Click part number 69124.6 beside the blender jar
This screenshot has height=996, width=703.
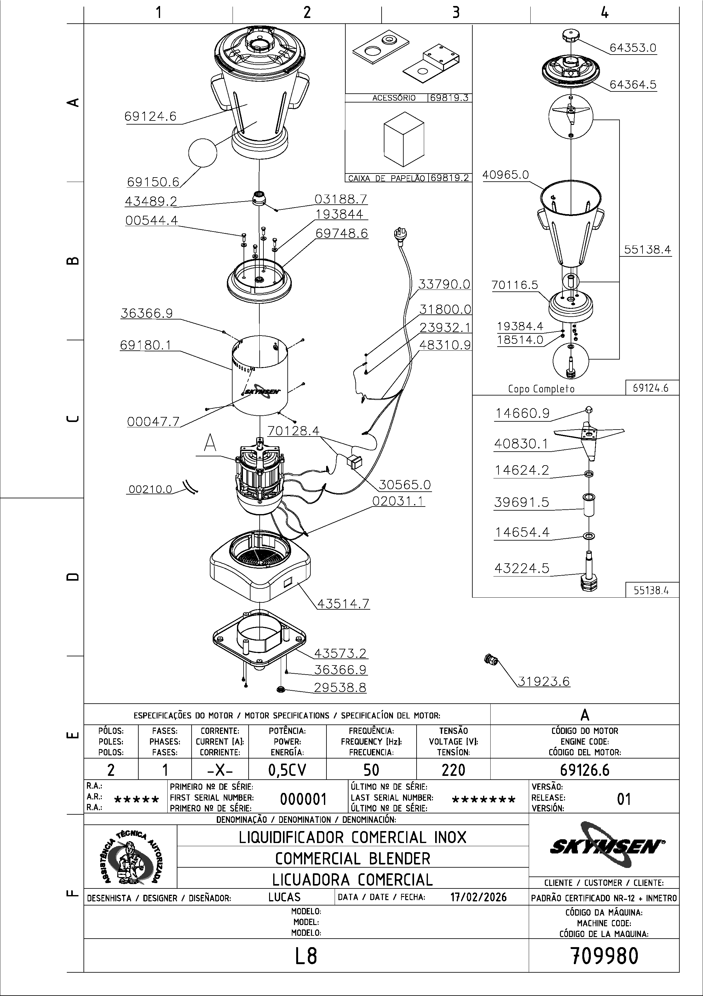pos(150,116)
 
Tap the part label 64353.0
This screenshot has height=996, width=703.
pos(633,48)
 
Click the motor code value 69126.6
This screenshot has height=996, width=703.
pos(584,770)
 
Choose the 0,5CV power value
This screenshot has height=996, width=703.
pos(287,770)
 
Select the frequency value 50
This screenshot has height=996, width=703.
pos(371,770)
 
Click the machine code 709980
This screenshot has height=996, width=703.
pos(604,956)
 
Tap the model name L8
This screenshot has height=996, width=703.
pos(306,956)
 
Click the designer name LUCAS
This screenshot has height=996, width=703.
pos(284,897)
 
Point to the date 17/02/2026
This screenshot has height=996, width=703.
pos(479,897)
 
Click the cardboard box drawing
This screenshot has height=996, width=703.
pos(404,139)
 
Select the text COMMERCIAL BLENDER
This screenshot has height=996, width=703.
pos(352,858)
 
